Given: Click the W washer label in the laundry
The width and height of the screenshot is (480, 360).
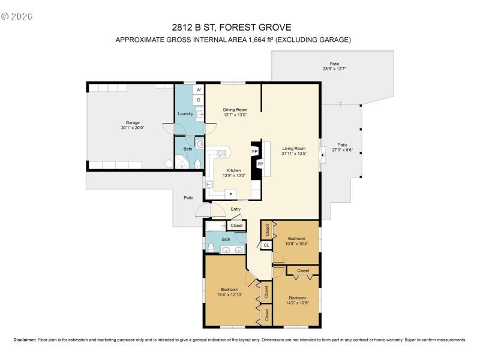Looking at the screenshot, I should coord(198,90).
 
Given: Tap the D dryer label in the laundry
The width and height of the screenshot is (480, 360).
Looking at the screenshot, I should coord(198,100).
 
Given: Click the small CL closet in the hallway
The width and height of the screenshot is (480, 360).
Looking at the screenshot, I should coord(266,245).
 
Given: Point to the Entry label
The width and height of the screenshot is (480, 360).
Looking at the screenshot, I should coord(236,209).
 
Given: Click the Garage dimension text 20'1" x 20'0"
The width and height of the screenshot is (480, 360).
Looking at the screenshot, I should coord(133,127).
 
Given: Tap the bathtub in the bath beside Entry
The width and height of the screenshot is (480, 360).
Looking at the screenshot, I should coord(215,227).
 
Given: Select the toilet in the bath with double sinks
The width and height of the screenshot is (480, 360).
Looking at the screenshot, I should coord(211,247).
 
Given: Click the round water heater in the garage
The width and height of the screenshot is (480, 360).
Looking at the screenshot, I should coord(169,163).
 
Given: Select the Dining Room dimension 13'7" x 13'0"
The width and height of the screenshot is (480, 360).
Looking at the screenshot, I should coord(235,115).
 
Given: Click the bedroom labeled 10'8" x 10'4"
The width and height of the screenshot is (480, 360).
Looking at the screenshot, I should coord(296,243).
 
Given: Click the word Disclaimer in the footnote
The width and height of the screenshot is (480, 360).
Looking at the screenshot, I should coord(25,340).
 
